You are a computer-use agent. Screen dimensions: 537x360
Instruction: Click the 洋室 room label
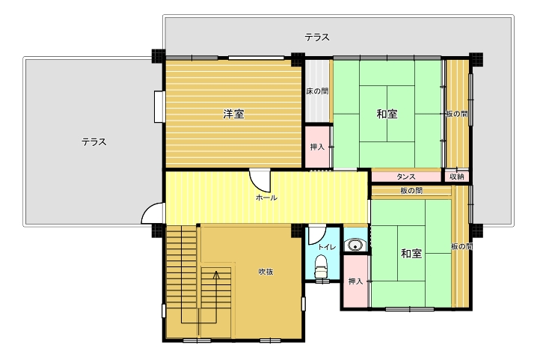[x=233, y=114]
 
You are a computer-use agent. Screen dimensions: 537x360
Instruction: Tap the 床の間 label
[x=317, y=91]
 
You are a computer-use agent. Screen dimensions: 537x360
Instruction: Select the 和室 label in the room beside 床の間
[x=387, y=114]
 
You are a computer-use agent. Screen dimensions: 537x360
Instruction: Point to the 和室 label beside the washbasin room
[x=411, y=254]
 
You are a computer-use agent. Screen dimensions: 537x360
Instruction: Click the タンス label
[x=406, y=177]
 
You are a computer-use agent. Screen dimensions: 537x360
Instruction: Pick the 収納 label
[x=456, y=177]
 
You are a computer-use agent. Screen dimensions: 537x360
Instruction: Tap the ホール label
[x=266, y=198]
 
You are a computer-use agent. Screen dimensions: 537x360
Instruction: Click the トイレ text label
[x=327, y=247]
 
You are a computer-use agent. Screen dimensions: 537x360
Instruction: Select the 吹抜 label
[x=266, y=272]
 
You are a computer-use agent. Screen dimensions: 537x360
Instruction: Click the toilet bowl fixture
[x=321, y=266]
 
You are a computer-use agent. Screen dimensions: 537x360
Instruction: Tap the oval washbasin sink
[x=355, y=245]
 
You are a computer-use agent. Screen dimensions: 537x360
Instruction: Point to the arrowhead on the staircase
[x=216, y=274]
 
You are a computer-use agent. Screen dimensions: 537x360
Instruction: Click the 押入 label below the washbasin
[x=355, y=281]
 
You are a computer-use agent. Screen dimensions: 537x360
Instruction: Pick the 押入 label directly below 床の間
[x=317, y=147]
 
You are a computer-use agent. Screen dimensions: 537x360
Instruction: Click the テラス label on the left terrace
[x=93, y=142]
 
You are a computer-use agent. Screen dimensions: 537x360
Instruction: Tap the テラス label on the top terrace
[x=317, y=37]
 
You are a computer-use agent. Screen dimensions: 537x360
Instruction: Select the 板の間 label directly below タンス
[x=411, y=191]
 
